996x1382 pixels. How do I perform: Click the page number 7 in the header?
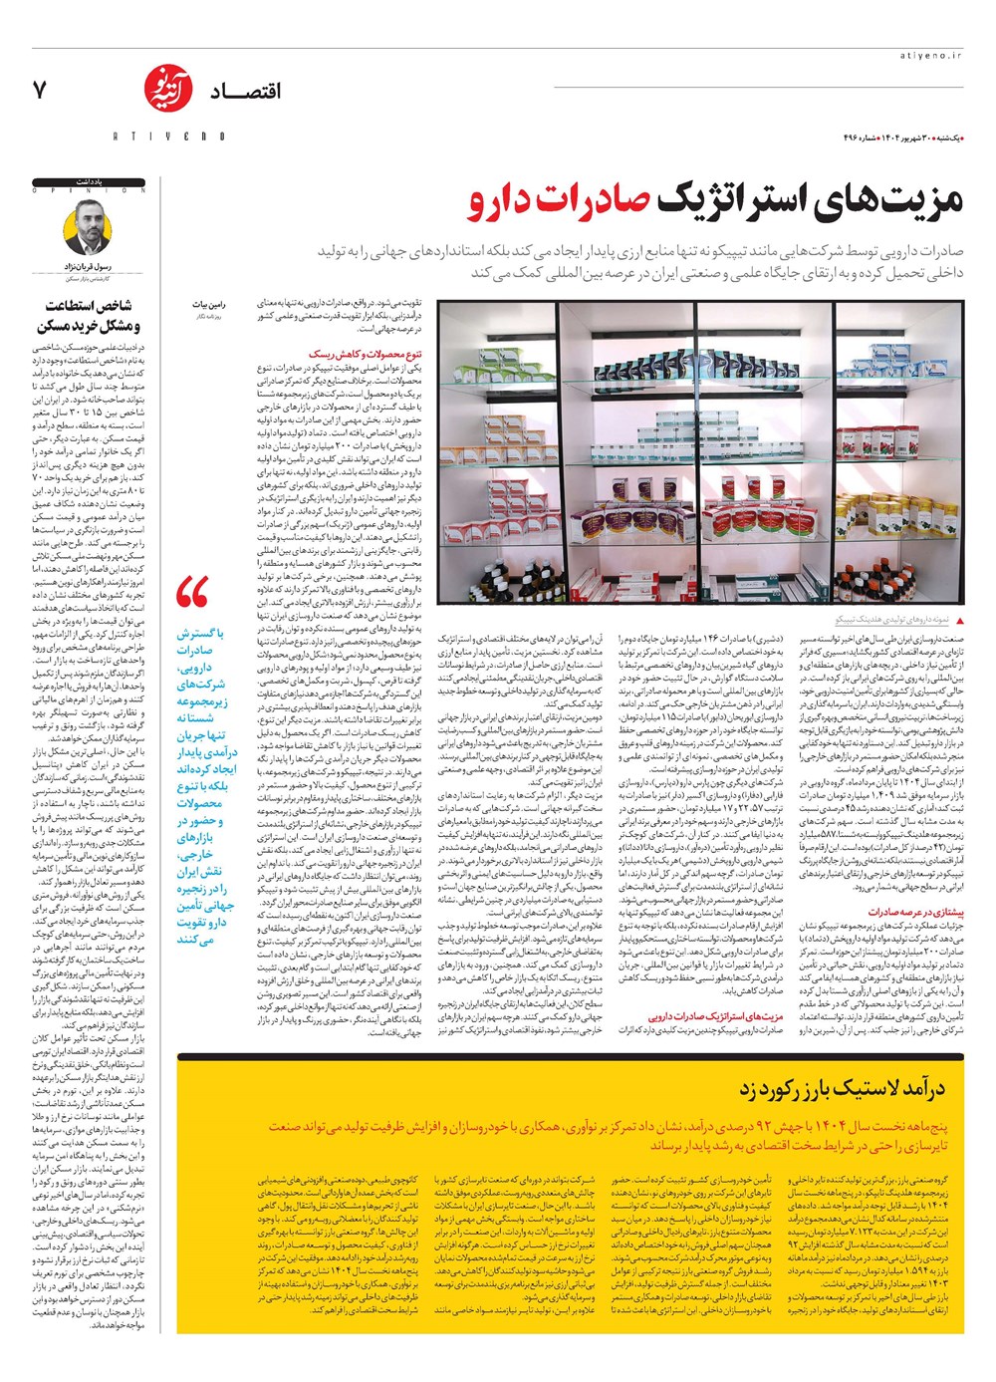pyautogui.click(x=40, y=90)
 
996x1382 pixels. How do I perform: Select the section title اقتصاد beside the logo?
pyautogui.click(x=245, y=92)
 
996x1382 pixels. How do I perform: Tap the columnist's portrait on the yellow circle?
pyautogui.click(x=89, y=228)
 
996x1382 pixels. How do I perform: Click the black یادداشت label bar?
pyautogui.click(x=89, y=183)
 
